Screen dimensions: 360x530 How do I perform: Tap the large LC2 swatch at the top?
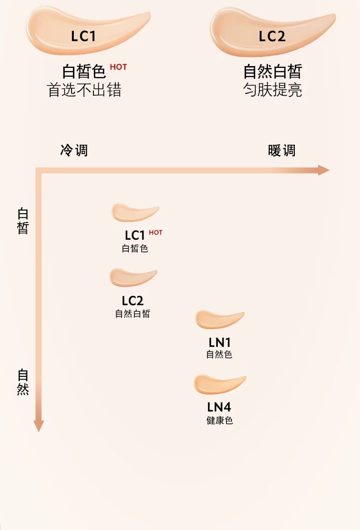[x=273, y=32]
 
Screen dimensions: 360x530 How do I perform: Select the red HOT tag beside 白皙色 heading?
[x=118, y=67]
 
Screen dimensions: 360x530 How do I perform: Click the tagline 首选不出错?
[x=84, y=90]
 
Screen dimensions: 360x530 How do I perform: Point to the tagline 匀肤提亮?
[x=273, y=90]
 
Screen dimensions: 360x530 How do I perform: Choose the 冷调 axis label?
[x=74, y=150]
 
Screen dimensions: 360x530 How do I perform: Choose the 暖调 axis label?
[x=282, y=150]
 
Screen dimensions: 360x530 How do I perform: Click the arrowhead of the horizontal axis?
[x=324, y=170]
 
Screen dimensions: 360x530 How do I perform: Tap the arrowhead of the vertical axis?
[x=39, y=426]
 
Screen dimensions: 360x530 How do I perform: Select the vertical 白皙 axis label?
[x=23, y=221]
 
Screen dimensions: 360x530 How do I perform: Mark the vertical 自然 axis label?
[x=23, y=382]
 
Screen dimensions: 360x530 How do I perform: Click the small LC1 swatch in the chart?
[x=135, y=212]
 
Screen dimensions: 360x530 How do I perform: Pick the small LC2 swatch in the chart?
[x=133, y=277]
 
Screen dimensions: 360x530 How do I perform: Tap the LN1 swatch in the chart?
[x=220, y=319]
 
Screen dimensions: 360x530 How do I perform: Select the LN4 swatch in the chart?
[x=220, y=384]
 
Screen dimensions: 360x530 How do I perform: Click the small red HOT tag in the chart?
[x=155, y=232]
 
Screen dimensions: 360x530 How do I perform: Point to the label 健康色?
[x=220, y=421]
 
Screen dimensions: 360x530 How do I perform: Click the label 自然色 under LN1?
[x=219, y=354]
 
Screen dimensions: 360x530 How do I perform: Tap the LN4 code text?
[x=219, y=407]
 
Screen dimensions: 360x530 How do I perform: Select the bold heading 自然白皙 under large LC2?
[x=273, y=72]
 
